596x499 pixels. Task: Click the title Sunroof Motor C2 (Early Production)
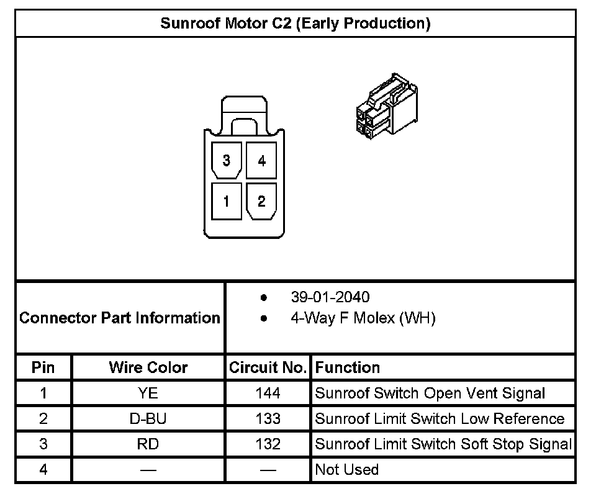296,24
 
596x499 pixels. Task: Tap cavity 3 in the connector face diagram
226,160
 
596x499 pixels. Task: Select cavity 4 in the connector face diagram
261,160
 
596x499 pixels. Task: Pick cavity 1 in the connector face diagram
226,201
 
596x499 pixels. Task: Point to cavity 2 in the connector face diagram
261,201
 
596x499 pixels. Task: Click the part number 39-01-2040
330,297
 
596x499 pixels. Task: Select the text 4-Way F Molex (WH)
363,318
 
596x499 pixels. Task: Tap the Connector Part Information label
120,318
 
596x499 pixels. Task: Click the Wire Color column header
148,367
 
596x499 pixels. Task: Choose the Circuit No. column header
268,367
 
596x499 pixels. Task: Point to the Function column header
347,367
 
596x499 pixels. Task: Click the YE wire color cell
148,393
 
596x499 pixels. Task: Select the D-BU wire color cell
148,419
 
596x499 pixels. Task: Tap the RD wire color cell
148,444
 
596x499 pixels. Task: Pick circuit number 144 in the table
268,393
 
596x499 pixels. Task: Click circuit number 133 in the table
268,419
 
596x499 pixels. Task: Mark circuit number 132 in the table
268,444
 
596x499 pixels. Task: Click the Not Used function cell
346,470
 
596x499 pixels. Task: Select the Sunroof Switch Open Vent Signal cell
430,393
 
